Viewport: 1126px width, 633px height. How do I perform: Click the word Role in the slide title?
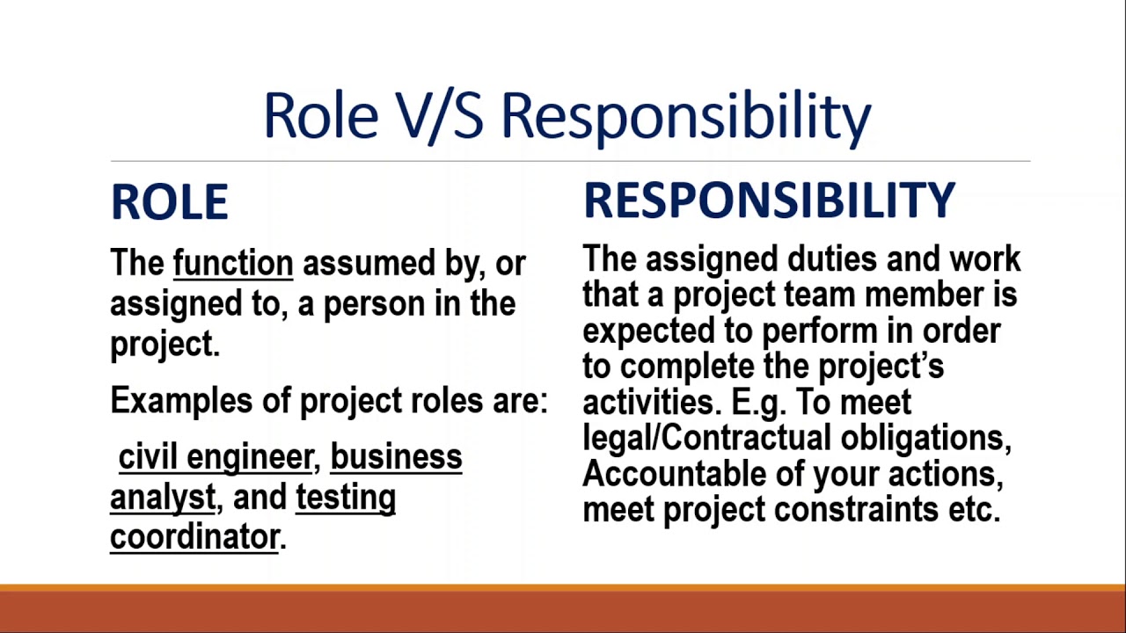(321, 114)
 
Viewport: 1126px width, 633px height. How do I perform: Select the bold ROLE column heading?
(170, 201)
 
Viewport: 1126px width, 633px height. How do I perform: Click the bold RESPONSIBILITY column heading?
(769, 200)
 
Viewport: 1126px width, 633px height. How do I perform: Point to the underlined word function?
(233, 263)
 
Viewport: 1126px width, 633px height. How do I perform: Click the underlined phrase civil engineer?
(216, 458)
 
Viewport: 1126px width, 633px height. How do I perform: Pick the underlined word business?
(396, 456)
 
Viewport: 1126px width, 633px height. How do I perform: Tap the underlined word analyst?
(163, 498)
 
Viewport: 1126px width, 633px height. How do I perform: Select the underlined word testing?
(346, 498)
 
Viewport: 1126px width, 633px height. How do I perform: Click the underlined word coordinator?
(194, 537)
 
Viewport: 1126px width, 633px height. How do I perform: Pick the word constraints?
(856, 510)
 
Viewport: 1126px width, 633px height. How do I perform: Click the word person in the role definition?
(375, 305)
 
